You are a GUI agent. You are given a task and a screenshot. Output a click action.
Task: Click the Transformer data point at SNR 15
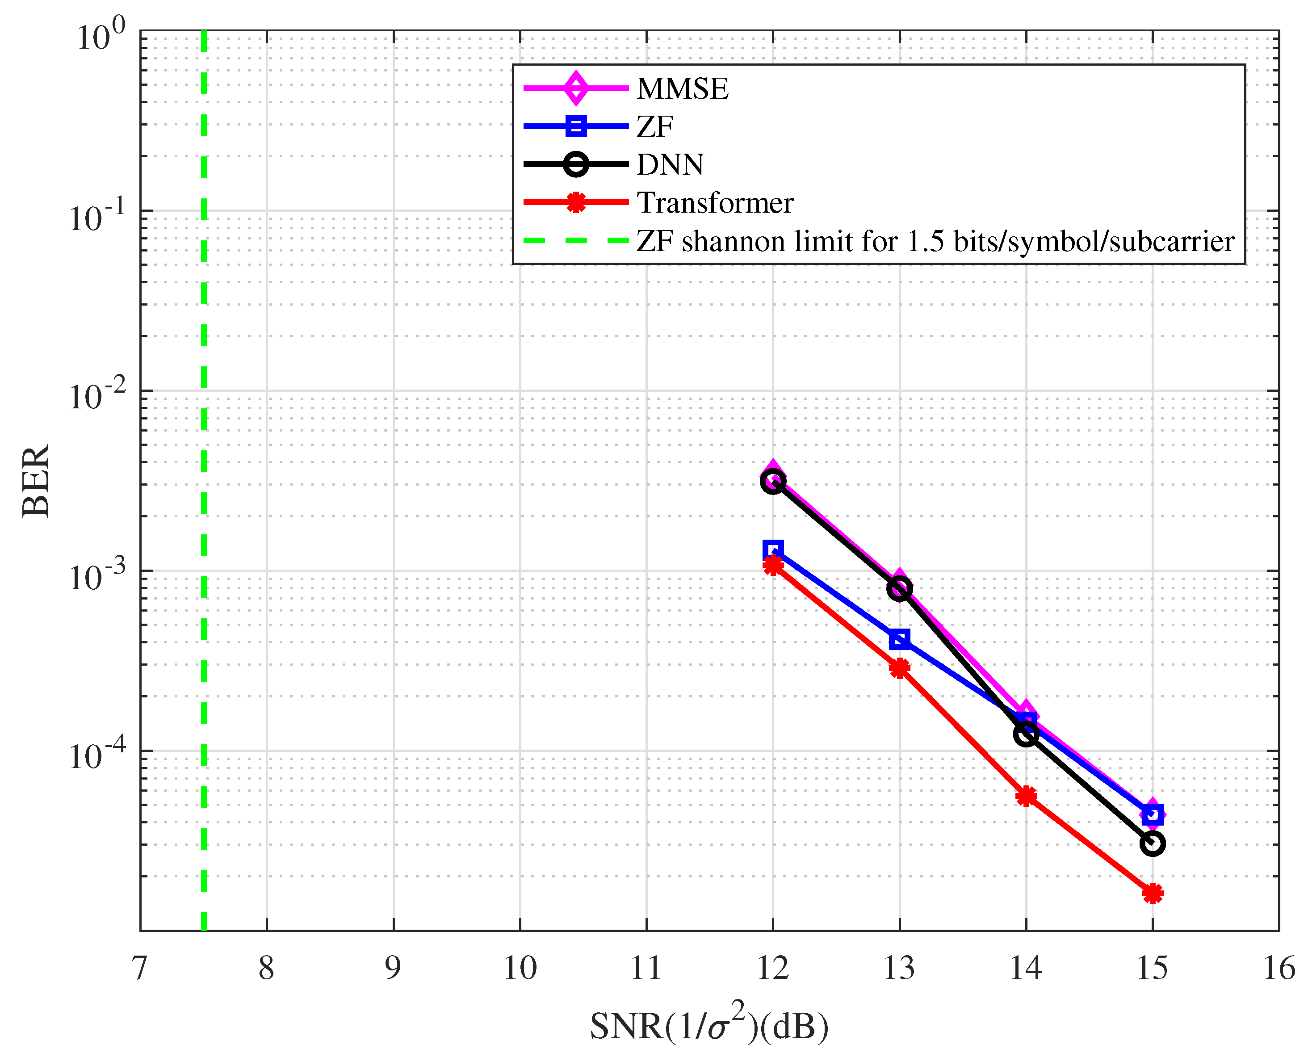pos(1152,893)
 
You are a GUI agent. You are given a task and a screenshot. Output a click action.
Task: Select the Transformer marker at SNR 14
pos(1026,796)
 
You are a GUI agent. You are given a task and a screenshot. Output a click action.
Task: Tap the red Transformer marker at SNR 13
pos(899,668)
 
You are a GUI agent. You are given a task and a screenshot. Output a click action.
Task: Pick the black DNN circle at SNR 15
pos(1152,843)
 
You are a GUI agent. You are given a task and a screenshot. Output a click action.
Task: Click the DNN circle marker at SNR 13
pos(899,588)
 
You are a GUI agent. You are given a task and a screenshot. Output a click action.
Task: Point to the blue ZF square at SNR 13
pos(899,639)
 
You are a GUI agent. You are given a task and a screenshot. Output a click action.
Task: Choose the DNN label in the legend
pos(670,164)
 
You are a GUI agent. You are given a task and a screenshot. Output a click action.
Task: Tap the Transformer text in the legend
pos(715,202)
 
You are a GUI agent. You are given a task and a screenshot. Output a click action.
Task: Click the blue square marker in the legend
pos(576,126)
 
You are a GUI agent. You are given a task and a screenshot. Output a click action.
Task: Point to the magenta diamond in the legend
pos(576,88)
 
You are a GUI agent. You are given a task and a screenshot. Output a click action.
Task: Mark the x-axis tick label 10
pos(520,969)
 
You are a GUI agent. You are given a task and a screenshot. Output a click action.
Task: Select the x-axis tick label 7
pos(140,969)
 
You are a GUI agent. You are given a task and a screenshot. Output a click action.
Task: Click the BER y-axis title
pos(36,481)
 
